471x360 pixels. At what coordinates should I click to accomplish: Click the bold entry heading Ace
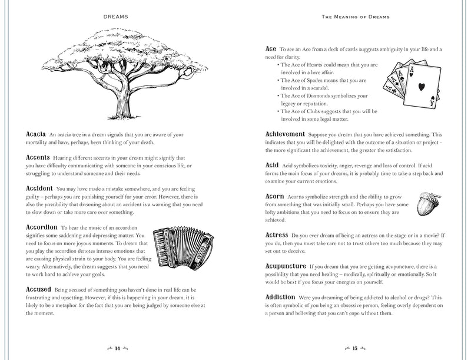271,49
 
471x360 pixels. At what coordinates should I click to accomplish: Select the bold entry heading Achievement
285,134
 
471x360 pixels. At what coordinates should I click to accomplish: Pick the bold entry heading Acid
272,166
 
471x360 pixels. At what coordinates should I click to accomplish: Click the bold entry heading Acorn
275,196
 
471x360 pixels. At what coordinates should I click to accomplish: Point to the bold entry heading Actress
277,235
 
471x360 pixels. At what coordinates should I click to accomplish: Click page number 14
117,348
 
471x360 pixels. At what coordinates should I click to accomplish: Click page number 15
355,348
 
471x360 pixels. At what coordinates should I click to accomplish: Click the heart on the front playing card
422,87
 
